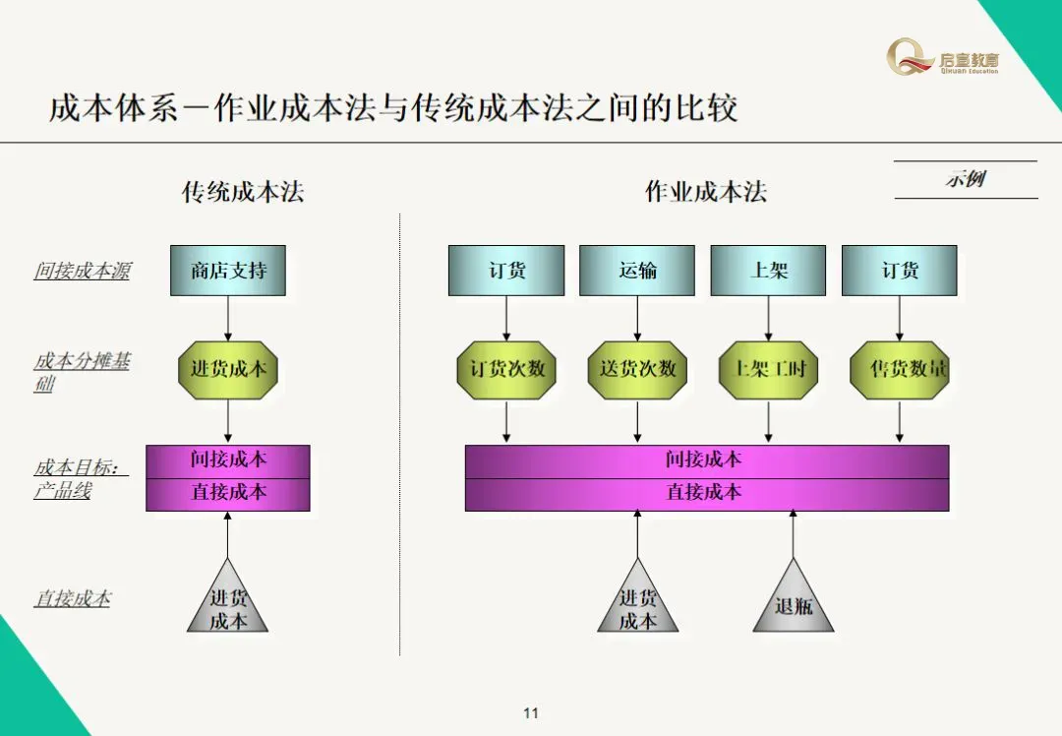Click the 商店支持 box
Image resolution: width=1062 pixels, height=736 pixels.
[227, 271]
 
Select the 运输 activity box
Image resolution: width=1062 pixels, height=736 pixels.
[637, 271]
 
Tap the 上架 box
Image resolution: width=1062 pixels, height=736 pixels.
[768, 271]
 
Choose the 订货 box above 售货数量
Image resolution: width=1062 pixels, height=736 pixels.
[899, 271]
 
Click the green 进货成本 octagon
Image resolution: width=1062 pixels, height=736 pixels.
[228, 370]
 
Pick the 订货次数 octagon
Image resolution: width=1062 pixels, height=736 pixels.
[506, 370]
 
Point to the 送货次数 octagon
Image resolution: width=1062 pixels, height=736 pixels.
[637, 370]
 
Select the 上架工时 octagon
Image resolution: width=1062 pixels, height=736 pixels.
[768, 370]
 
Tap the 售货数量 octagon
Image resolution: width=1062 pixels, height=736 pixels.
[899, 370]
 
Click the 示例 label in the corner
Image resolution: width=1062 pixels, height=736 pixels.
[966, 179]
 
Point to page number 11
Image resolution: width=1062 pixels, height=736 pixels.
[531, 713]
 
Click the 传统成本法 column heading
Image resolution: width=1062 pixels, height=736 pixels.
[243, 192]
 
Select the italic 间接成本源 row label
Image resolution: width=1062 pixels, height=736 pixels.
[82, 271]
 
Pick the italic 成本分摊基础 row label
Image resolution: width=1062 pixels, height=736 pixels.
[82, 372]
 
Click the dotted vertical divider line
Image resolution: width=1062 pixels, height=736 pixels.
[400, 433]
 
